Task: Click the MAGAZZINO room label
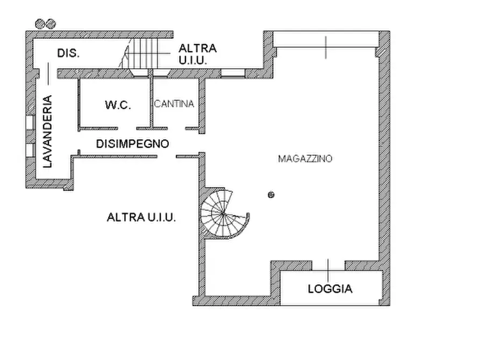(x=305, y=159)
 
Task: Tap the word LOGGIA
(x=330, y=289)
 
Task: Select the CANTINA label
(x=174, y=104)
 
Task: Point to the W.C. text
(x=118, y=105)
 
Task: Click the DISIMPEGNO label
(x=132, y=144)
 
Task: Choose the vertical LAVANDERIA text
(x=48, y=132)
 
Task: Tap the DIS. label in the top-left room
(x=68, y=53)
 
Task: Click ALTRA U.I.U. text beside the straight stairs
(x=197, y=54)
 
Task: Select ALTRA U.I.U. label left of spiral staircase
(x=142, y=218)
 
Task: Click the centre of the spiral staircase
(x=222, y=214)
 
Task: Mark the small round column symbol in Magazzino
(x=271, y=195)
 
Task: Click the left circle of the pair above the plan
(x=40, y=23)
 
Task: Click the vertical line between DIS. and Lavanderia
(x=48, y=73)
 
